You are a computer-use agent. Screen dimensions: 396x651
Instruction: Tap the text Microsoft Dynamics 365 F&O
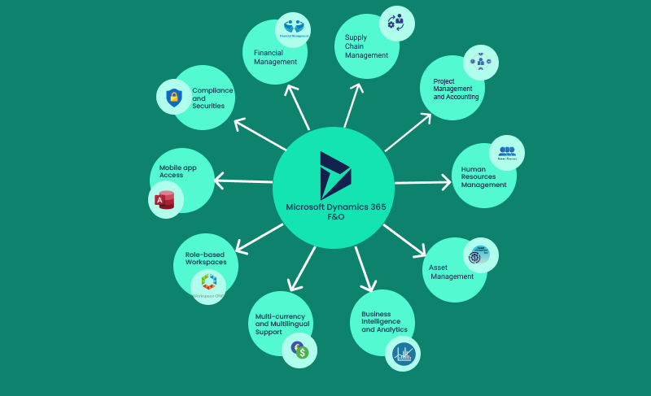(335, 212)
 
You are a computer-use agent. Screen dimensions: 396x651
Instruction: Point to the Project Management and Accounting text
(456, 89)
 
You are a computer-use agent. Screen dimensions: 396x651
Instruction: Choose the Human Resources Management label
(483, 177)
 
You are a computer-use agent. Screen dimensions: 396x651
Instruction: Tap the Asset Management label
(452, 272)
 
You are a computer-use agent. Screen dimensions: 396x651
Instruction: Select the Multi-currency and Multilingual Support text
(279, 324)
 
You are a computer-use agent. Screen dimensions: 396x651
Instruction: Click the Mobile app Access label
(177, 171)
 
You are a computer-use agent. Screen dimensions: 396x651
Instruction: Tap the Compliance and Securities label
(208, 98)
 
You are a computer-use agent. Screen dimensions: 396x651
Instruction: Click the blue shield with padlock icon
(173, 98)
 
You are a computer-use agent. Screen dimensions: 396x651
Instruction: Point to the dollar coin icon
(300, 350)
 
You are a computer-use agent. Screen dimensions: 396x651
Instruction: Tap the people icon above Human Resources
(507, 152)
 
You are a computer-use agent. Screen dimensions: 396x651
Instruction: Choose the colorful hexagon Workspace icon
(208, 283)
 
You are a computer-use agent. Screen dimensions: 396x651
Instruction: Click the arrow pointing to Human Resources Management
(422, 182)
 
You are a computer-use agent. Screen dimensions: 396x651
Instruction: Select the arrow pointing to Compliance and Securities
(260, 135)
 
